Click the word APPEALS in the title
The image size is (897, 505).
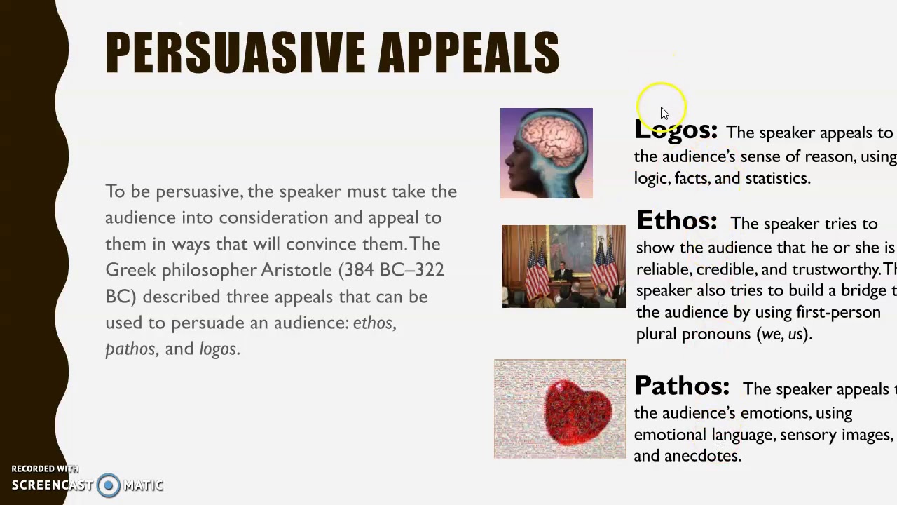(x=468, y=53)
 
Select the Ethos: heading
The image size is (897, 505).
(x=677, y=221)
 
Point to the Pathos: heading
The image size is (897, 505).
(x=682, y=386)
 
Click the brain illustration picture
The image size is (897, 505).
(x=547, y=153)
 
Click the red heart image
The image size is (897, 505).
(x=578, y=412)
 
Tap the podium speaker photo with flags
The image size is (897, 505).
(x=563, y=267)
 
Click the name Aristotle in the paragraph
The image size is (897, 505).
(x=296, y=270)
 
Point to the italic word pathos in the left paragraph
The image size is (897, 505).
(x=130, y=349)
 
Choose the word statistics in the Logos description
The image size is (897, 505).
(x=776, y=178)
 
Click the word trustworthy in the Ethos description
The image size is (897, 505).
(x=835, y=269)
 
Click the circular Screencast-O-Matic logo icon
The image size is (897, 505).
(x=109, y=485)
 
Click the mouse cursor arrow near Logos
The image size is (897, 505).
(x=664, y=114)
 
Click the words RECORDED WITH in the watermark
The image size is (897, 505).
(x=45, y=469)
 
